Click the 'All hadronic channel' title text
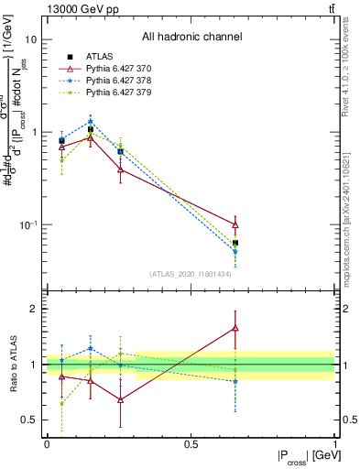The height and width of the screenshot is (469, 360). (191, 38)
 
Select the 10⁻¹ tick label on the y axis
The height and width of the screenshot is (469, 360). (28, 224)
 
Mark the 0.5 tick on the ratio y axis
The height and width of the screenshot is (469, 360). (28, 420)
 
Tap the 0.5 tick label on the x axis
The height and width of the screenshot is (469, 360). (191, 444)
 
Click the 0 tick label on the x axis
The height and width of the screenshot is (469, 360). (47, 444)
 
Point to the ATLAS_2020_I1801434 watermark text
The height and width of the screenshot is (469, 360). (191, 274)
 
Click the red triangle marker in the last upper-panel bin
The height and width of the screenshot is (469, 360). (235, 224)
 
